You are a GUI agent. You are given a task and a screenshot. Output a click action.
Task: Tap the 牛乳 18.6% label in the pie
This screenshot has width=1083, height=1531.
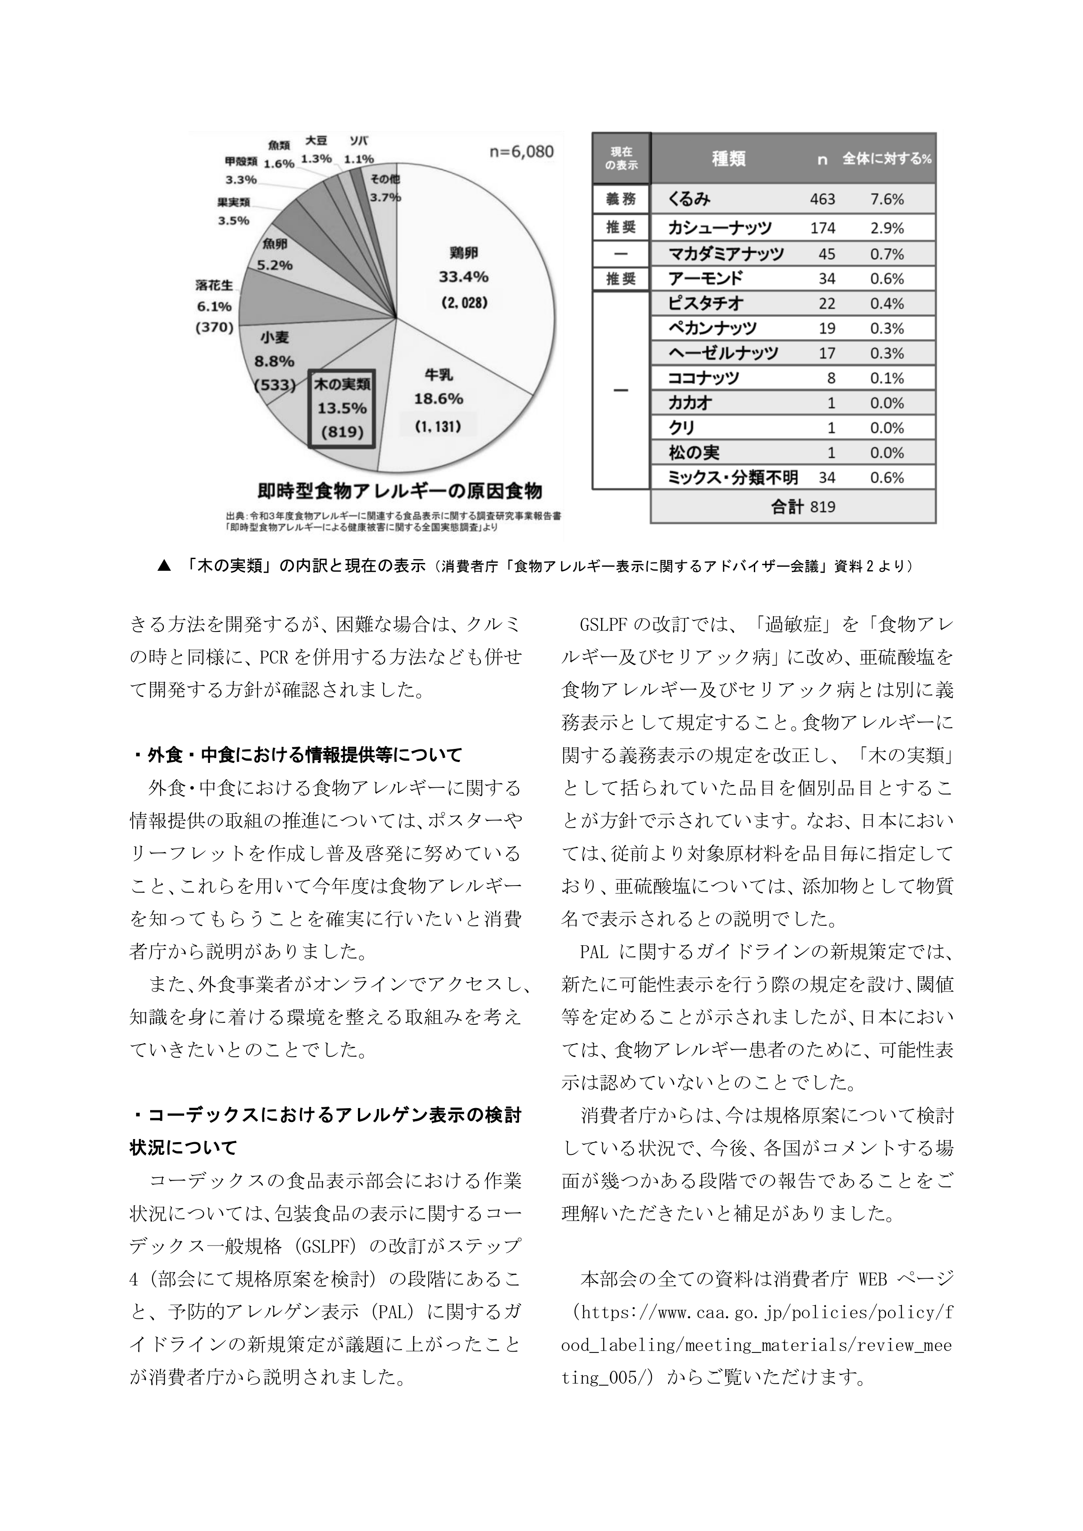pyautogui.click(x=438, y=399)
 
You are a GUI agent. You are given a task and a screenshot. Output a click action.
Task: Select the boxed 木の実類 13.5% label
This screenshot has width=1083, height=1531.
pyautogui.click(x=341, y=408)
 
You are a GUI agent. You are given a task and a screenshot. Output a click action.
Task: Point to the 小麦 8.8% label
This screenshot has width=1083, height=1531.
pyautogui.click(x=274, y=361)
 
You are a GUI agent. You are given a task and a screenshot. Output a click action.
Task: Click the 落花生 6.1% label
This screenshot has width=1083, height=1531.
pyautogui.click(x=214, y=306)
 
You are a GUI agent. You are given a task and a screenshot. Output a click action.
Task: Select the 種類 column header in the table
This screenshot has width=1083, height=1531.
pyautogui.click(x=728, y=159)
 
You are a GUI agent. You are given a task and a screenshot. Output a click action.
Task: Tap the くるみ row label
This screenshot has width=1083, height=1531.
pyautogui.click(x=690, y=199)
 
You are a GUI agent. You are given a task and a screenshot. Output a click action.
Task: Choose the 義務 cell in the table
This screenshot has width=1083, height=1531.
pyautogui.click(x=620, y=199)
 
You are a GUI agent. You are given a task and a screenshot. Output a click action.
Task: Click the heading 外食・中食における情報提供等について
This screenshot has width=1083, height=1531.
pyautogui.click(x=296, y=755)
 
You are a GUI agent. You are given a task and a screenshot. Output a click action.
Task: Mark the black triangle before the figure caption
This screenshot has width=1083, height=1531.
pyautogui.click(x=164, y=566)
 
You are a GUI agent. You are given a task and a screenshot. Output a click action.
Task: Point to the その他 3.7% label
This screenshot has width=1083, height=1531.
pyautogui.click(x=385, y=187)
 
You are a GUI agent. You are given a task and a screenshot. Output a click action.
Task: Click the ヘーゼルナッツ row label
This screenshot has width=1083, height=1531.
pyautogui.click(x=723, y=353)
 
